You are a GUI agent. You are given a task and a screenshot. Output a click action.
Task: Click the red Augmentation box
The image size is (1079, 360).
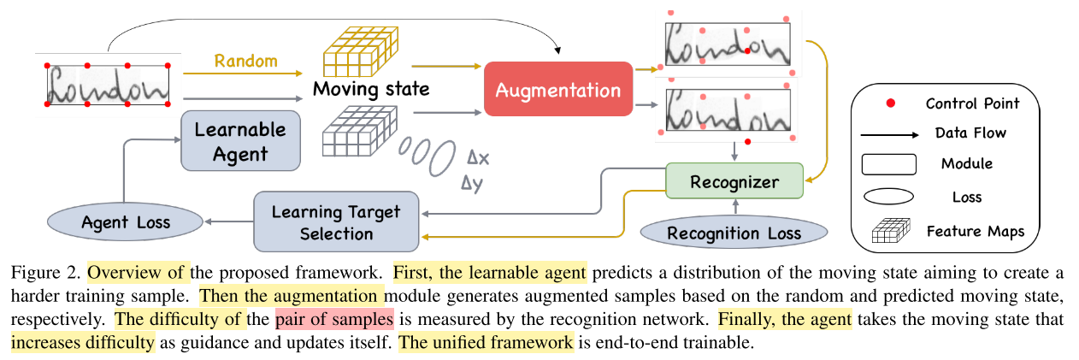click(x=558, y=90)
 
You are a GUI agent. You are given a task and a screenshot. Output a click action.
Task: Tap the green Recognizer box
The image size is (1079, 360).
click(x=734, y=182)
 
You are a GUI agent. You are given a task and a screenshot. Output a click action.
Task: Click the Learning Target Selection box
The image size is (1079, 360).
click(x=335, y=221)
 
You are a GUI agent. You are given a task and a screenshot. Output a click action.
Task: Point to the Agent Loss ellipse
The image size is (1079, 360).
click(x=126, y=222)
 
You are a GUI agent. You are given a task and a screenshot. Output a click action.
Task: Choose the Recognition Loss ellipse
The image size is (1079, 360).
click(x=734, y=233)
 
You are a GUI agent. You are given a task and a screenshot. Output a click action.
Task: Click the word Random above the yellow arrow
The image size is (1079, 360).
click(x=245, y=61)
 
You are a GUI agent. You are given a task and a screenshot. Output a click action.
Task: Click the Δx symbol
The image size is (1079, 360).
click(x=479, y=159)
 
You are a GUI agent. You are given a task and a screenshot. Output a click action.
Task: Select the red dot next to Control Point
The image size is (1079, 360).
click(x=890, y=103)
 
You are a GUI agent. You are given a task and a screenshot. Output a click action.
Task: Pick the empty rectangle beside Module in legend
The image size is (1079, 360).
click(x=890, y=164)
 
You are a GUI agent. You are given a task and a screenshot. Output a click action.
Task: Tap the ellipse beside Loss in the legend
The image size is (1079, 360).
click(x=890, y=197)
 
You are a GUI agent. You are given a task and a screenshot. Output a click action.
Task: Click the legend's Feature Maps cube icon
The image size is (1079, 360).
click(x=890, y=232)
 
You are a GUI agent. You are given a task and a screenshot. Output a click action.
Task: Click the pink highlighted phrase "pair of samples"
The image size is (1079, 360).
click(x=334, y=321)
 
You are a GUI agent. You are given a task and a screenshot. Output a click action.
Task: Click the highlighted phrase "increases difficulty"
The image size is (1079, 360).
click(x=83, y=343)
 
